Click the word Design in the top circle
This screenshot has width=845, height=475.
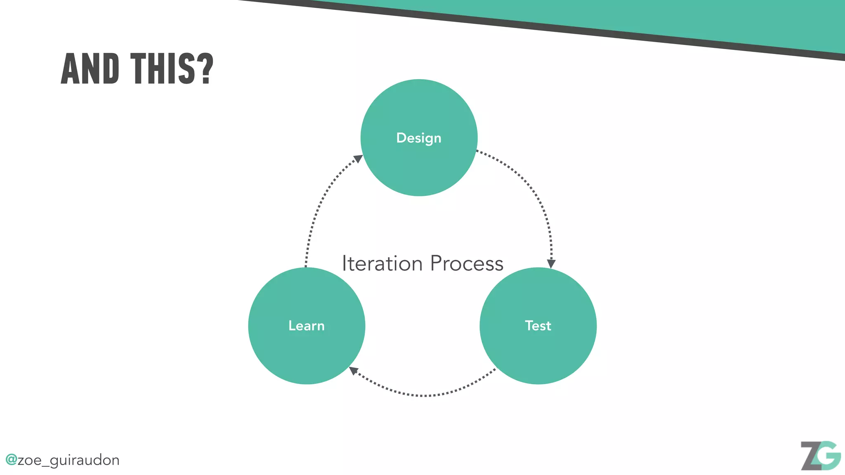pos(418,138)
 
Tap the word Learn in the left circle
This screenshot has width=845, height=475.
pos(306,326)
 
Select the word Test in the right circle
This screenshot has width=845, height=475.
pos(538,326)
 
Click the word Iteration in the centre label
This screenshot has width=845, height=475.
pos(382,263)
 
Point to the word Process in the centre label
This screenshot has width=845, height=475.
pos(467,263)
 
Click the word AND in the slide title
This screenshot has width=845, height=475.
pos(90,69)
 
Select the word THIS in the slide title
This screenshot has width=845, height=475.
pos(161,69)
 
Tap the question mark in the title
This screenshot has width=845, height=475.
pos(204,69)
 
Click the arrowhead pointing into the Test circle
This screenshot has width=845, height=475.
pos(551,263)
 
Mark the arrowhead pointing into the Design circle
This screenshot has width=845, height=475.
pos(358,159)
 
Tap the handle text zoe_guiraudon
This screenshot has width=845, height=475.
pos(68,460)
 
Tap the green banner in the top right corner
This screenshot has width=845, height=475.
pos(701,16)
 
